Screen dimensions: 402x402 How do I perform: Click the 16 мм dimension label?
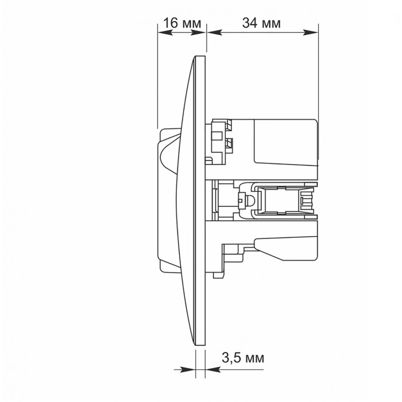point(182,23)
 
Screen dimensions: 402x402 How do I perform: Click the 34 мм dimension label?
point(261,23)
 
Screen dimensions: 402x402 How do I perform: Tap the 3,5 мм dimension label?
point(243,358)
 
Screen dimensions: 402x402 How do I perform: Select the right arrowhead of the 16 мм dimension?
point(198,32)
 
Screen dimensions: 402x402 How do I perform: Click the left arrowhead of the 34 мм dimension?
point(215,32)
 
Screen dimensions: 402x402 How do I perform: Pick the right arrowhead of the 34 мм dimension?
point(310,32)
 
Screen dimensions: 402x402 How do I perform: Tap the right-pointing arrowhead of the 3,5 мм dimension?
point(188,370)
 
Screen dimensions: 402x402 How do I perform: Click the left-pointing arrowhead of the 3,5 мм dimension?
point(213,370)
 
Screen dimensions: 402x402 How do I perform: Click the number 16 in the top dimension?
point(170,23)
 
